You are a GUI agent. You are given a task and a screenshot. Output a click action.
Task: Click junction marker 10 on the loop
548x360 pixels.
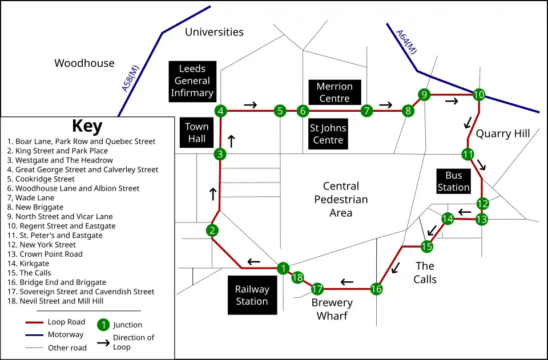(478, 95)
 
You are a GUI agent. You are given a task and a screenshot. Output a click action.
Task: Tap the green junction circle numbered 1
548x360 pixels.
(283, 268)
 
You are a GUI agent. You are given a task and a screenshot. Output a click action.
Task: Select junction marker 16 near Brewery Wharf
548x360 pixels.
(376, 289)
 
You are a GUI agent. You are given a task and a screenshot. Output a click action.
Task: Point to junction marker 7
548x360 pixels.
(367, 110)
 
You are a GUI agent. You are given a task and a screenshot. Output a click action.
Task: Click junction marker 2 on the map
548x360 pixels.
(212, 230)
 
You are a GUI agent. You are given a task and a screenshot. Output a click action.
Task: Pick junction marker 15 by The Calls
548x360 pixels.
(427, 246)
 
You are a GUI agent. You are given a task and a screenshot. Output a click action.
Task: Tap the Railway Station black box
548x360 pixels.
(252, 295)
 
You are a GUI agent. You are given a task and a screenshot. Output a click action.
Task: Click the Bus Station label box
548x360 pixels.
(454, 181)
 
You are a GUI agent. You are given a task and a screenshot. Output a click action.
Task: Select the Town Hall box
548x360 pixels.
(196, 132)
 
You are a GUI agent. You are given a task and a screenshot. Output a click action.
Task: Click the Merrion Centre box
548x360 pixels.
(335, 92)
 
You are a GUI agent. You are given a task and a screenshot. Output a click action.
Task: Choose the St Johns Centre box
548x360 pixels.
(328, 135)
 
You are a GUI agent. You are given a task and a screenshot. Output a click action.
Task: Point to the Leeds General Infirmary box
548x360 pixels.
(192, 81)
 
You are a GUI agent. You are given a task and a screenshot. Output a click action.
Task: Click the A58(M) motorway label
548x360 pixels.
(131, 78)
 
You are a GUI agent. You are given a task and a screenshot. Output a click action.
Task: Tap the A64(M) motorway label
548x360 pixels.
(406, 42)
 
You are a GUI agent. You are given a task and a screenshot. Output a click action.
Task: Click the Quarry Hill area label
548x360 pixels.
(503, 134)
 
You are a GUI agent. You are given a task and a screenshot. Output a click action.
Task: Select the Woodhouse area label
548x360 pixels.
(84, 63)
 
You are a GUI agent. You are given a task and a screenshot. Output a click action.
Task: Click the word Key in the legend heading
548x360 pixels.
(87, 126)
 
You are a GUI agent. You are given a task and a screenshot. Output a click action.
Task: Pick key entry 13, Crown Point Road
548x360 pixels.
(45, 254)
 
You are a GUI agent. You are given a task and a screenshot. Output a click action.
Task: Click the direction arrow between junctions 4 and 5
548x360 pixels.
(250, 104)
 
